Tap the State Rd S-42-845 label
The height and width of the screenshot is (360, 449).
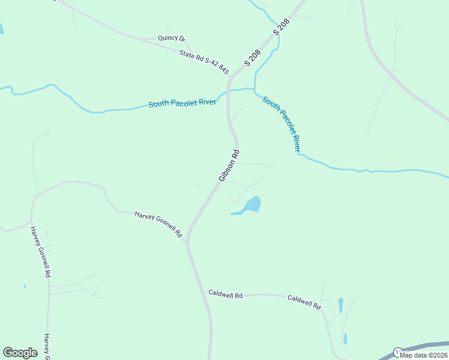204,62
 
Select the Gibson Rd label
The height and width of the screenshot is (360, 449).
229,165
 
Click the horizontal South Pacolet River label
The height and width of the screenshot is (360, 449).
182,103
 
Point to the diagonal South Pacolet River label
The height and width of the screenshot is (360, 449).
282,124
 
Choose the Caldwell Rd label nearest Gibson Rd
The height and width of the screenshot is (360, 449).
225,295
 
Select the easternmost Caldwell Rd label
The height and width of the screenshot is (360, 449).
304,302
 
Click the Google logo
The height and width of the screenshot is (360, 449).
20,353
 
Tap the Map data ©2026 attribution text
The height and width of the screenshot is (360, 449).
423,355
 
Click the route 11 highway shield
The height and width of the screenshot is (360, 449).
397,352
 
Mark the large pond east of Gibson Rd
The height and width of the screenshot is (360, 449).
253,205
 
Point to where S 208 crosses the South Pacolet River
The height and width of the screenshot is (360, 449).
228,92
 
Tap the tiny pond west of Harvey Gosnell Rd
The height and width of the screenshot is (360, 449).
25,286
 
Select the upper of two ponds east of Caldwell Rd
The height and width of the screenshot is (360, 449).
341,305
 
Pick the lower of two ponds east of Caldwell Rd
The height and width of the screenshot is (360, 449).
345,338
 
